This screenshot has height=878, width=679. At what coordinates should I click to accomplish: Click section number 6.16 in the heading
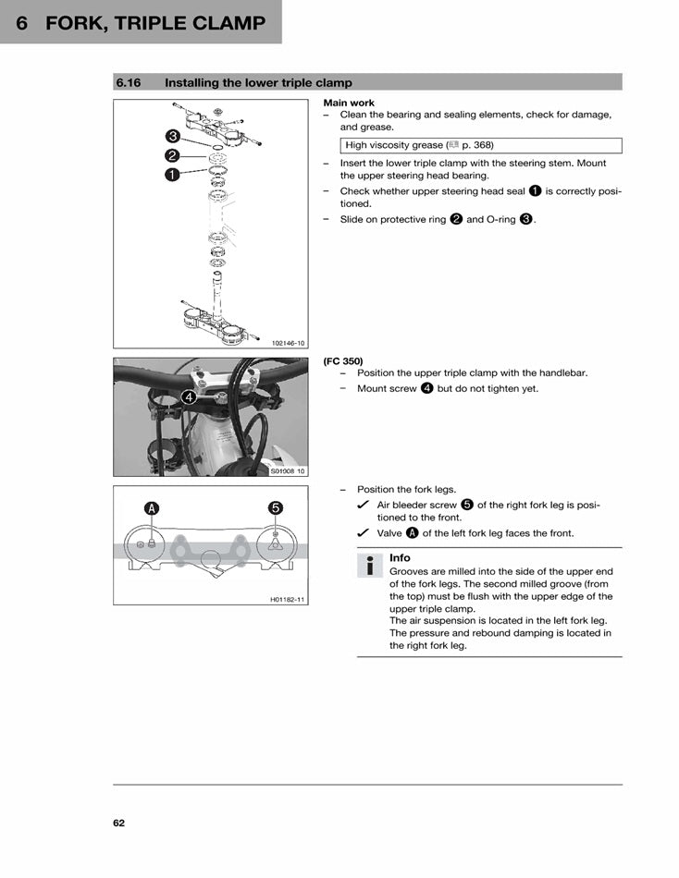[x=128, y=83]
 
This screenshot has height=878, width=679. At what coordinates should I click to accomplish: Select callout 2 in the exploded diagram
[x=172, y=155]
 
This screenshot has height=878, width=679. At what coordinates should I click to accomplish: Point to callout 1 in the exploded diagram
[x=172, y=174]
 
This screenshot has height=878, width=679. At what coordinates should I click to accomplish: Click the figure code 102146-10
[x=288, y=343]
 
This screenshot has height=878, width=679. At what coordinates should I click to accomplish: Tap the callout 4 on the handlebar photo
[x=188, y=397]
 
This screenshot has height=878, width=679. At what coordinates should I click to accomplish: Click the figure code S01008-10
[x=288, y=471]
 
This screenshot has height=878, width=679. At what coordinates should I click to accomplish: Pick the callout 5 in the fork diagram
[x=275, y=507]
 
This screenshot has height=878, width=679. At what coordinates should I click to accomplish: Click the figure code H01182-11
[x=287, y=600]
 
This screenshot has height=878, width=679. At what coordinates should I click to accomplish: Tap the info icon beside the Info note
[x=370, y=567]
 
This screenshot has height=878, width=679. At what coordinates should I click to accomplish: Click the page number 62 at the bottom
[x=119, y=823]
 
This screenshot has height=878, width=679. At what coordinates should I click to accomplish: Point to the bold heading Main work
[x=349, y=103]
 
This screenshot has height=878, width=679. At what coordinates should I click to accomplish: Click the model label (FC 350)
[x=343, y=360]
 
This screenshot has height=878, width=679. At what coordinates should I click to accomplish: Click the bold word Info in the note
[x=400, y=558]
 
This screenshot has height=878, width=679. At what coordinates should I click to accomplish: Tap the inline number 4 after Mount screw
[x=426, y=388]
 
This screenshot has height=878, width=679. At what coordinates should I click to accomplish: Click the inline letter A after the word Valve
[x=412, y=533]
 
